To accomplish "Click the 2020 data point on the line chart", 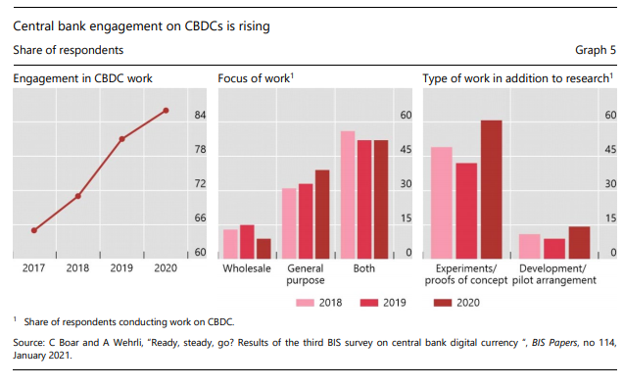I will point(166,111).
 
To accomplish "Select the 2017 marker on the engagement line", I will point(34,230).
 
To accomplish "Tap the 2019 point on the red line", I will point(121,139).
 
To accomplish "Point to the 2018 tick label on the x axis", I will point(77,267).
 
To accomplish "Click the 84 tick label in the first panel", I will point(200,116).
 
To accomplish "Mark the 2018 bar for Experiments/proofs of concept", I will point(442,202).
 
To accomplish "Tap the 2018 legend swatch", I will point(305,304).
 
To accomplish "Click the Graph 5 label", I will point(596,49).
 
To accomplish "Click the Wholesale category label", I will point(247,267).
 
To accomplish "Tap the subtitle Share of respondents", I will point(69,49).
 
